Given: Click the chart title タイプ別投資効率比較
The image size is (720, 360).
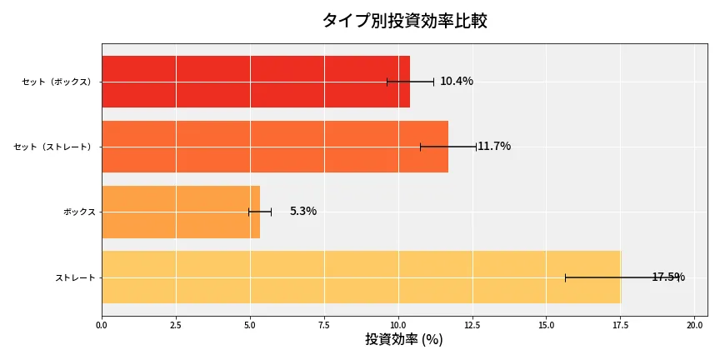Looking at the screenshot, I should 404,21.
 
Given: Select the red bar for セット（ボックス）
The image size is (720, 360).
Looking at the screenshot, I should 256,82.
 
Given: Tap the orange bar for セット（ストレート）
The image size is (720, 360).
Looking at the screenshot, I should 275,147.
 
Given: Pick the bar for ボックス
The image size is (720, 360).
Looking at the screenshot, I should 181,212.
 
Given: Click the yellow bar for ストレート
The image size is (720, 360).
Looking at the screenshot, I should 361,277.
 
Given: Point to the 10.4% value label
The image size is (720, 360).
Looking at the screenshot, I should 457,82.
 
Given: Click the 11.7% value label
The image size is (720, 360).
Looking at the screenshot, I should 494,147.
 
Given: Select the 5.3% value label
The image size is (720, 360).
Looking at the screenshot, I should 303,212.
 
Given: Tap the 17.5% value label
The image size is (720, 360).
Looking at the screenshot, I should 668,277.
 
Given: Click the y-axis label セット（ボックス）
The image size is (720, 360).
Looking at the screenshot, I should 57,82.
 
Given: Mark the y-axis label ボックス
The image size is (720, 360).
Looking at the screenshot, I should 79,212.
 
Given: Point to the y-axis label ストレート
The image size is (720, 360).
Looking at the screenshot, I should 75,277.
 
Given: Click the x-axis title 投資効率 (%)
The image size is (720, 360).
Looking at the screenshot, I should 404,340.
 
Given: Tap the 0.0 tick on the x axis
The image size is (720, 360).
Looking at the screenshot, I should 102,325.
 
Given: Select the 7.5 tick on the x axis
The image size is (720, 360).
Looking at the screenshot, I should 324,325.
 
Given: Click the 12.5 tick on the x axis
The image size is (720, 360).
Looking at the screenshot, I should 472,325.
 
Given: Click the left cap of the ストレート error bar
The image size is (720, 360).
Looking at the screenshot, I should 565,277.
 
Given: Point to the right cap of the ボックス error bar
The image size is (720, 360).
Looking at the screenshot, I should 271,212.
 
